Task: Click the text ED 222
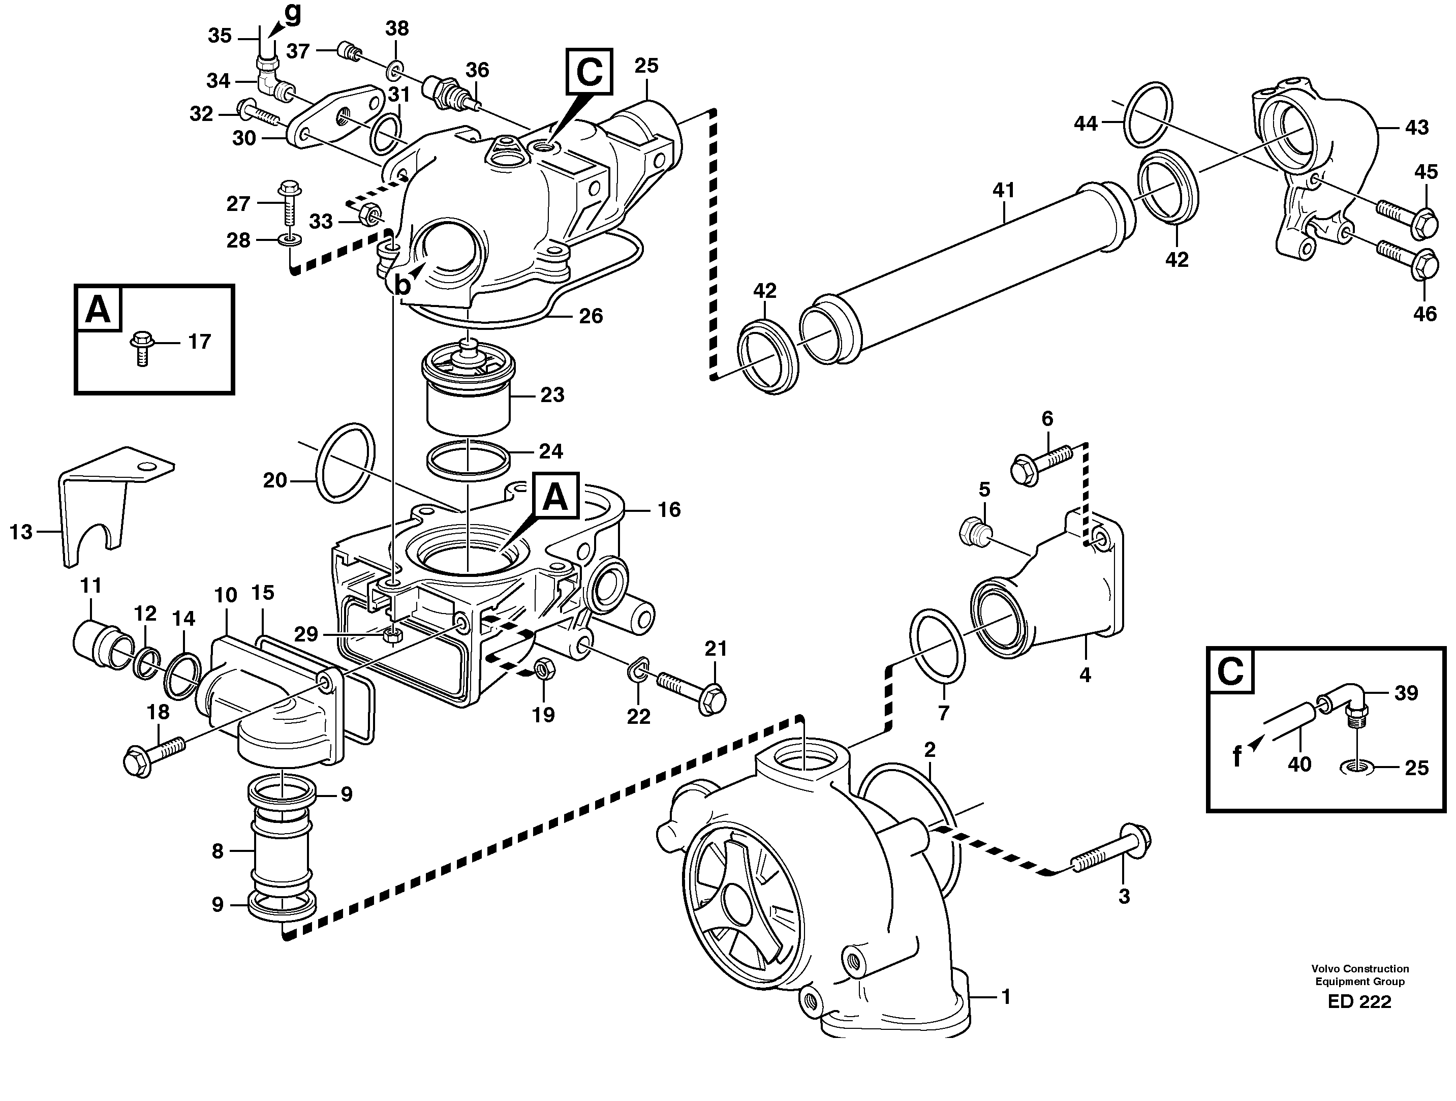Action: click(x=1359, y=1001)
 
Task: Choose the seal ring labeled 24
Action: click(x=468, y=458)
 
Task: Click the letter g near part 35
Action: click(x=292, y=13)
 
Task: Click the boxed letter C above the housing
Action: click(x=588, y=71)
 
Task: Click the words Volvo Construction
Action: click(x=1359, y=969)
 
